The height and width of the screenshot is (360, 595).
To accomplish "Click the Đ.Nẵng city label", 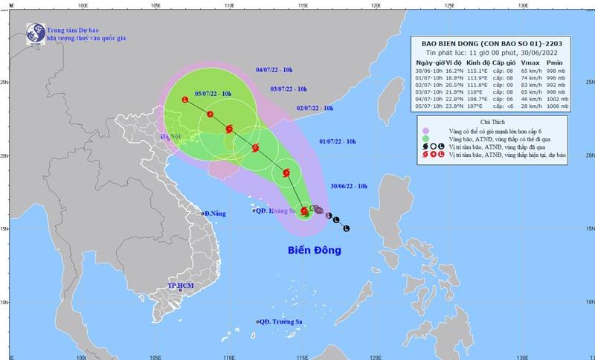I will [x=215, y=213].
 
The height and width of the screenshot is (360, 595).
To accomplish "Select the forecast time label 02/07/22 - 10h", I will [x=315, y=109].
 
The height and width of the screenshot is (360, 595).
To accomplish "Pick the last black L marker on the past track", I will [x=347, y=228].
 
